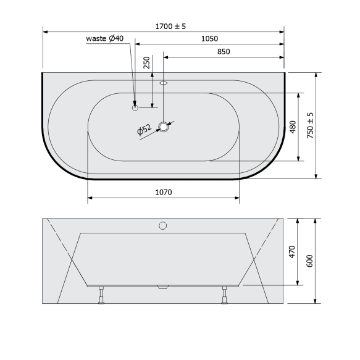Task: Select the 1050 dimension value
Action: coord(209,38)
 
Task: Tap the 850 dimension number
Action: coord(223,52)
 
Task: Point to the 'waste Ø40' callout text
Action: coord(105,38)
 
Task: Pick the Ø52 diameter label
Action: coord(144,130)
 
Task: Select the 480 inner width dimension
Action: coord(293,127)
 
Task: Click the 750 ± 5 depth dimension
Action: coord(310,125)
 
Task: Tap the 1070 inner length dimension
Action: coord(163,192)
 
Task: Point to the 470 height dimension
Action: coord(293,252)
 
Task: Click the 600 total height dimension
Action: coord(310,261)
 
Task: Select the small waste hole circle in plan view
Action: coord(135,107)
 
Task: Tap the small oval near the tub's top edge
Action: coord(164,82)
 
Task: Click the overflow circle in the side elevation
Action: coord(164,225)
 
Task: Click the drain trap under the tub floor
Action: coord(164,287)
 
